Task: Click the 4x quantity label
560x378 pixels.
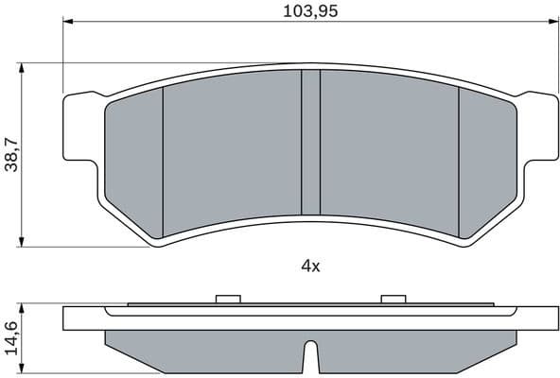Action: coord(310,266)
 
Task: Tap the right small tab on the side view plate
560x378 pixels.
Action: coord(393,300)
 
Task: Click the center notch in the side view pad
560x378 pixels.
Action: coord(310,360)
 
